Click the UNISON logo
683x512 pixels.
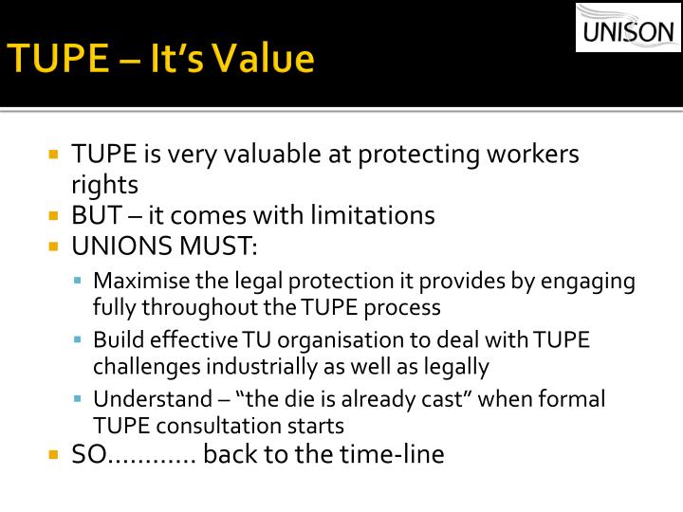click(628, 27)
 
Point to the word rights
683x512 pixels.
click(104, 185)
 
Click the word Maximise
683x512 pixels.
click(139, 282)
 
